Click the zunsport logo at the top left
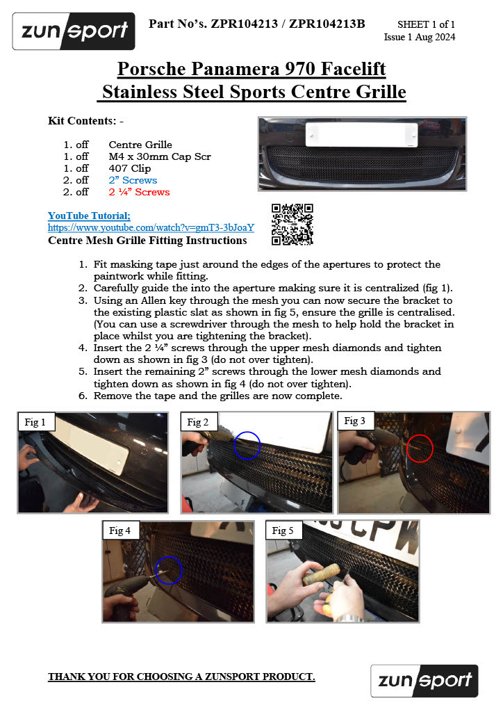click(x=74, y=31)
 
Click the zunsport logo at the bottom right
click(x=424, y=681)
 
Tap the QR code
click(x=292, y=225)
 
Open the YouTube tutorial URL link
click(x=151, y=227)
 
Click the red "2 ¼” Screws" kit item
click(x=139, y=192)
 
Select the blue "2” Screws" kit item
click(x=133, y=180)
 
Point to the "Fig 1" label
click(x=35, y=422)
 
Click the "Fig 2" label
click(x=198, y=422)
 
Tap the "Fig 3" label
click(x=355, y=421)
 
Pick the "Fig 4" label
click(x=119, y=531)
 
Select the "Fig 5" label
click(x=283, y=531)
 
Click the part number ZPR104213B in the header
click(x=327, y=24)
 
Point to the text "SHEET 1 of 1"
click(x=426, y=24)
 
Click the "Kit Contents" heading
click(x=85, y=121)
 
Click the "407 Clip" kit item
click(x=130, y=168)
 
